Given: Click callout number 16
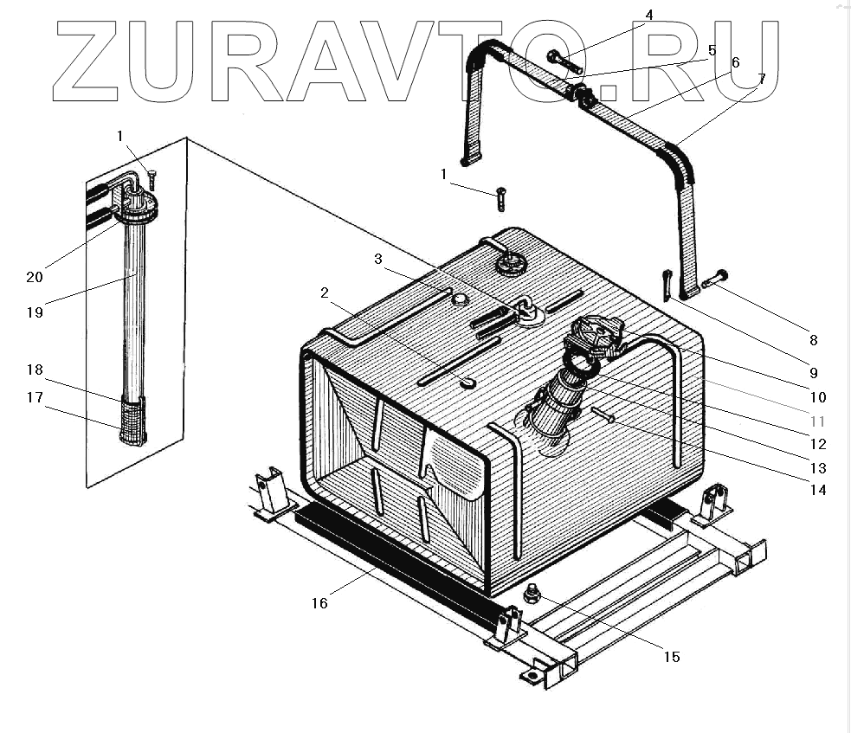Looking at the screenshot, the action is click(x=319, y=603).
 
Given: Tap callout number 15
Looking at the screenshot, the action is click(x=671, y=657).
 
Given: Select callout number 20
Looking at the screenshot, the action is click(x=34, y=277).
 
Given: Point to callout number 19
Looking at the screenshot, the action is click(x=34, y=312).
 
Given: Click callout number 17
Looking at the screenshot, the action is click(x=34, y=398).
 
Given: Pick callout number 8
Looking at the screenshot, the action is click(x=813, y=340).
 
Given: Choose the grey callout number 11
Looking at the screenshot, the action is click(x=817, y=421).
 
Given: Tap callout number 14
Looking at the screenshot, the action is click(x=818, y=490).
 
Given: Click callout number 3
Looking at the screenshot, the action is click(x=378, y=260).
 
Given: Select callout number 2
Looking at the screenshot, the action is click(x=325, y=293).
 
